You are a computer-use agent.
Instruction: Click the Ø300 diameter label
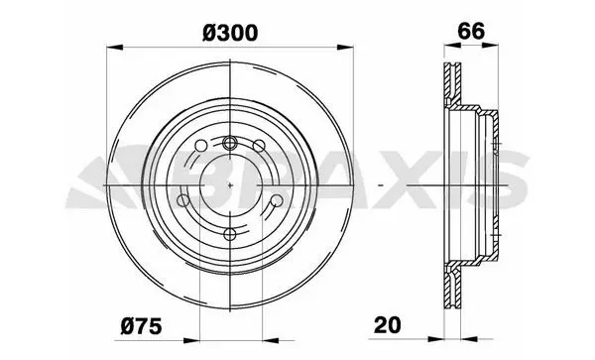point(230,33)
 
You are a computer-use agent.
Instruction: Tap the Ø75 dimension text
point(141,326)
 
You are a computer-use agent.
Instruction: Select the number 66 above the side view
point(471,31)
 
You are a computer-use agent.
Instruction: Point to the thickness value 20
point(387,325)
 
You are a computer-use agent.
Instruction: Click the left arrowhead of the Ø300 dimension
point(115,47)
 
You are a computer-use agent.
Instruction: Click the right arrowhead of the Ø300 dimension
point(345,47)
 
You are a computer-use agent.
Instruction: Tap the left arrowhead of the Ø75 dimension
point(191,340)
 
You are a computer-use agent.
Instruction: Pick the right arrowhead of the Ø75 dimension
point(270,340)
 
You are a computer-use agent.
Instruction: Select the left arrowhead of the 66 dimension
point(452,46)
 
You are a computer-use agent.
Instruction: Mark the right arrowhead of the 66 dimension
point(490,46)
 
